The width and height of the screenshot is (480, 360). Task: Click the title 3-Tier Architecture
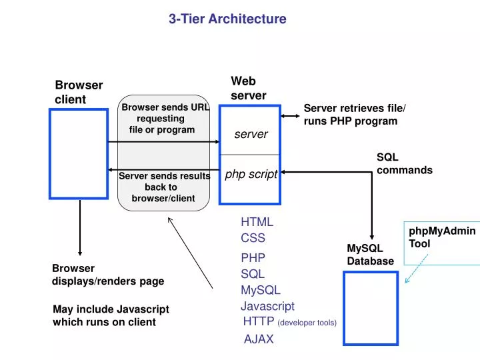click(227, 19)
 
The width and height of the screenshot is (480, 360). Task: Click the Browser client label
click(78, 92)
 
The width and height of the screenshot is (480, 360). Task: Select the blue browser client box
click(79, 153)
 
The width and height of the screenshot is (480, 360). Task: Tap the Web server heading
click(248, 89)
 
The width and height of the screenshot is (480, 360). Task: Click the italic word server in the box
click(251, 135)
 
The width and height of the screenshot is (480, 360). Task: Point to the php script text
click(251, 175)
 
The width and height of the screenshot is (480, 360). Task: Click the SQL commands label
click(404, 164)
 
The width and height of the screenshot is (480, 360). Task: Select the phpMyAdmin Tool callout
click(441, 237)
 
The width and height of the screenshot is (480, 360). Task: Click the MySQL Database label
click(370, 255)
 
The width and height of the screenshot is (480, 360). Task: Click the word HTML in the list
click(257, 222)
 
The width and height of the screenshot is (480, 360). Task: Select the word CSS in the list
click(253, 238)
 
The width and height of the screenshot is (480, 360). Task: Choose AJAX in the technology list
click(258, 339)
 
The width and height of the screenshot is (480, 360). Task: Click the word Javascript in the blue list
click(267, 306)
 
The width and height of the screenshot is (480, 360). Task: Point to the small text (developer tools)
click(307, 323)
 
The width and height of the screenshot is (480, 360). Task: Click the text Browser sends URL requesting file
click(163, 118)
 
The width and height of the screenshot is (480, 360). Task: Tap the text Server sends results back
click(163, 187)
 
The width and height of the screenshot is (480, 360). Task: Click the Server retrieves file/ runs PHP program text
click(354, 115)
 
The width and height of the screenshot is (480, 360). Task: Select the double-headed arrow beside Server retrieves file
click(290, 116)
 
